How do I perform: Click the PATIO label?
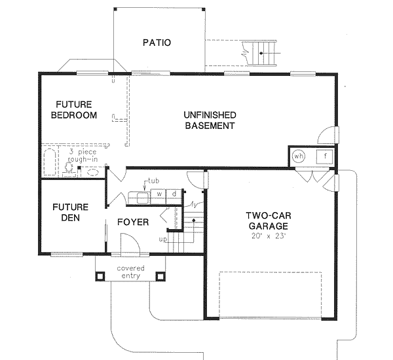coord(157,43)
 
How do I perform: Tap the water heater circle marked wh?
coord(299,156)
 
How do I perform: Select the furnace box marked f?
coord(324,156)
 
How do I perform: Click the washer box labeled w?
coord(159,194)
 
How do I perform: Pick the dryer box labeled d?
coord(174,194)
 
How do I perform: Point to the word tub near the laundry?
coord(153,180)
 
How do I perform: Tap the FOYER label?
coord(133,222)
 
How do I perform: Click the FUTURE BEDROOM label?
coord(76,110)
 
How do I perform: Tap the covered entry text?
coord(131,272)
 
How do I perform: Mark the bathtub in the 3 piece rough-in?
coord(50,162)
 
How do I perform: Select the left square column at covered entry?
coord(100,276)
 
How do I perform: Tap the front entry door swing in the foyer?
coord(131,243)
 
